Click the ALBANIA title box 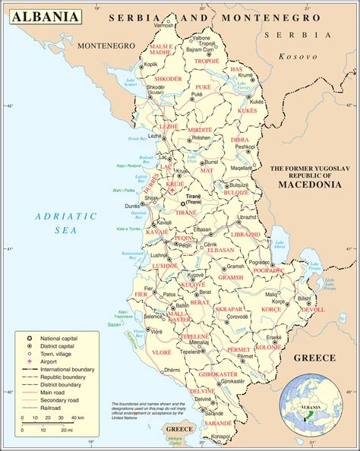click(46, 16)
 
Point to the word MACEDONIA click(308, 184)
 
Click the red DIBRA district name click(239, 140)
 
